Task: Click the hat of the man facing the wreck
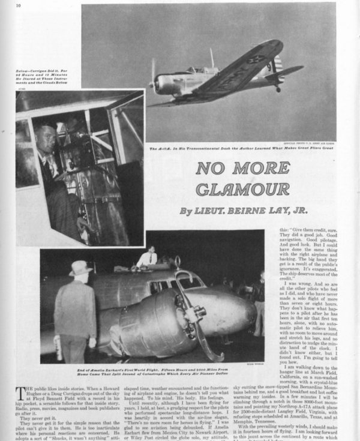point(79,268)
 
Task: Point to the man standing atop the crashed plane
point(147,257)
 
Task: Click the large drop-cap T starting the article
point(22,391)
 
